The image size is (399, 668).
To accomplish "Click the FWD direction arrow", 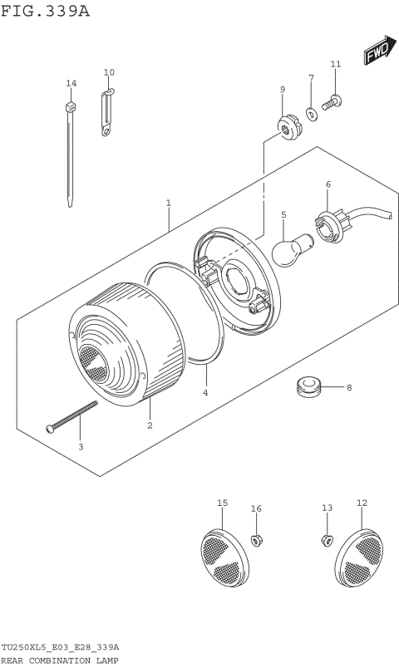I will point(377,53).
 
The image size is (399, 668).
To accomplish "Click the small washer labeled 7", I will point(310,113).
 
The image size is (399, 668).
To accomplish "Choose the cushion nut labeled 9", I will point(287,126).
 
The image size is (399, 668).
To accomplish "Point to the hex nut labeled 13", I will point(327,542).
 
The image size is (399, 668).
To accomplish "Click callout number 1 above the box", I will point(168,203).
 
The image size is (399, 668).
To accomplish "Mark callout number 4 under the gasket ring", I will point(205,393).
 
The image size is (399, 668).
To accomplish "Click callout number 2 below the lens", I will point(150,425).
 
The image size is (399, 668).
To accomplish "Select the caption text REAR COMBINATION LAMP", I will point(59,661).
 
